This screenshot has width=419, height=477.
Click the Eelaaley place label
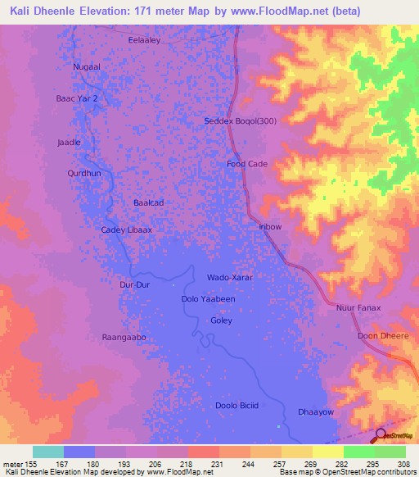tap(144, 39)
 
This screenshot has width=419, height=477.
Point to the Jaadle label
tap(69, 142)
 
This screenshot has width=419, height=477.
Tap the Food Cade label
tap(247, 164)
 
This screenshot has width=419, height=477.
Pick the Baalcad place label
tap(149, 202)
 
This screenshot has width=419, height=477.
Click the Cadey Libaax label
tap(126, 230)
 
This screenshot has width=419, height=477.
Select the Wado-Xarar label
tap(230, 278)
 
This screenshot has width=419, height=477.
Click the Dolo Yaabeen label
tap(208, 299)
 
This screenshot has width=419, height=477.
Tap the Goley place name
tap(222, 322)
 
